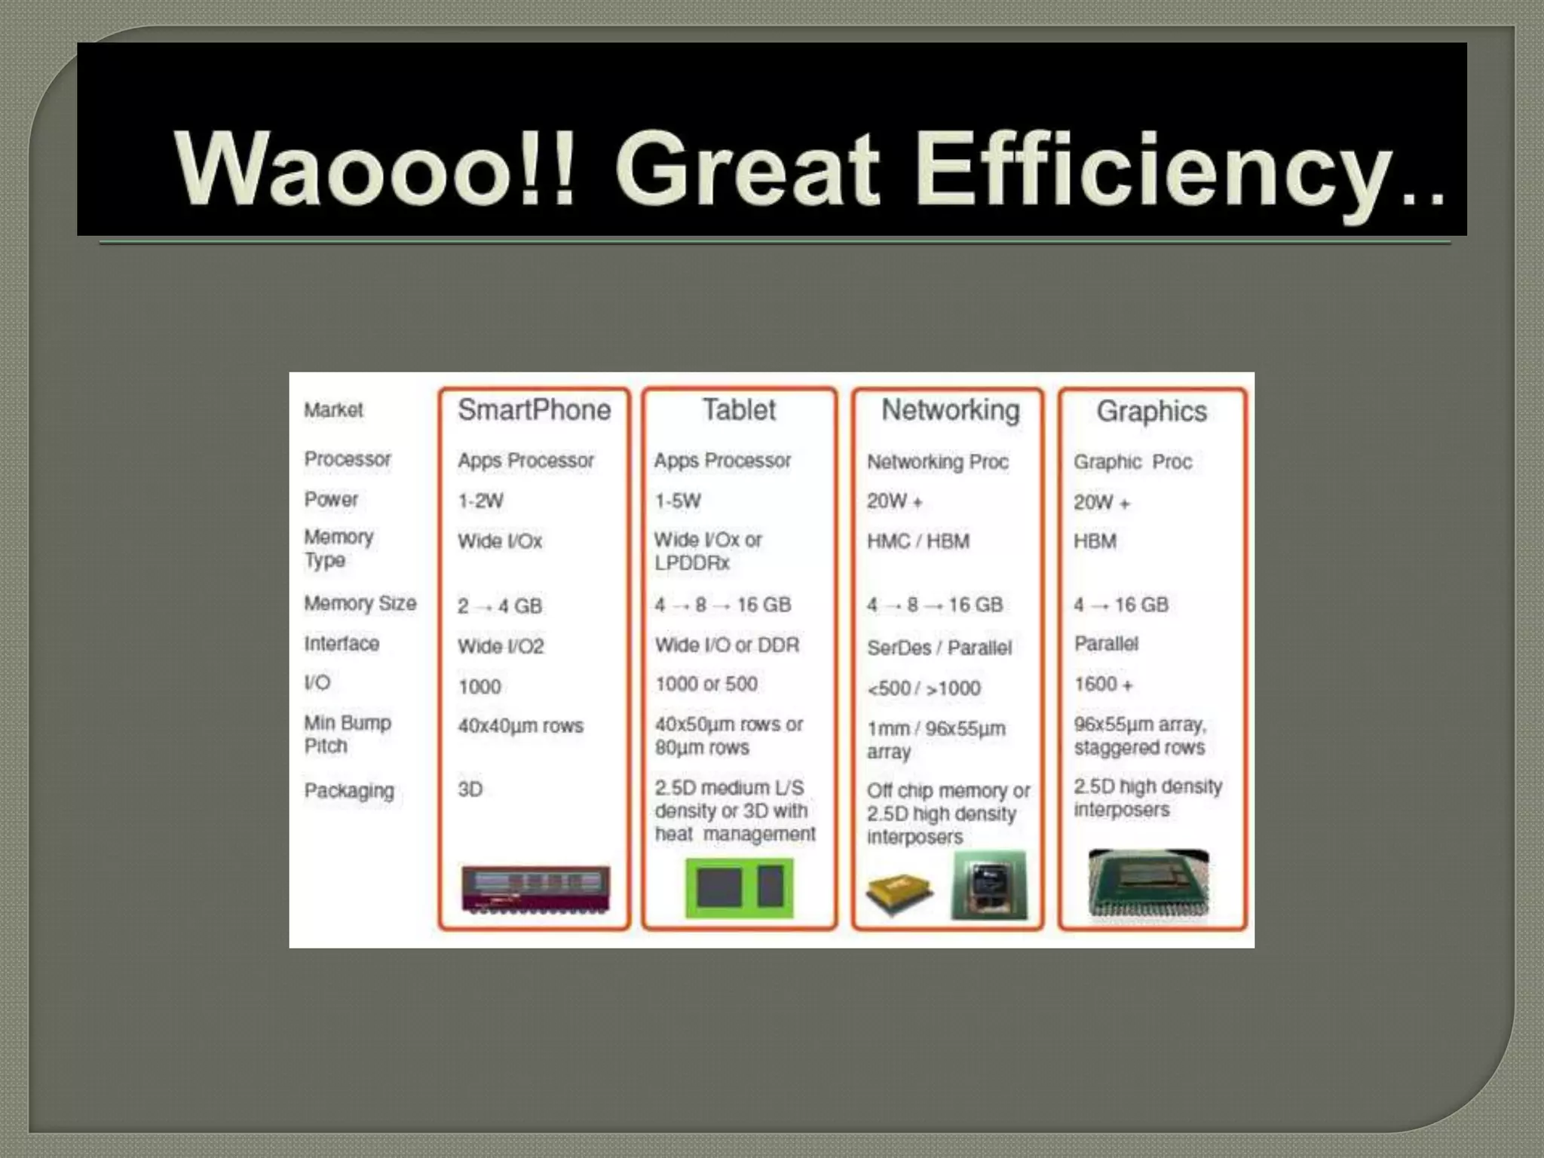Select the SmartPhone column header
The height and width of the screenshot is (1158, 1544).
(x=534, y=410)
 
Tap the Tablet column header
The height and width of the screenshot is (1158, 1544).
(x=739, y=410)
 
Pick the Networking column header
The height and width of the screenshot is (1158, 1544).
(x=950, y=410)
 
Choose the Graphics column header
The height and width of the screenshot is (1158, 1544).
(x=1151, y=412)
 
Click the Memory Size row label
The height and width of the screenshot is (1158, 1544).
(x=360, y=603)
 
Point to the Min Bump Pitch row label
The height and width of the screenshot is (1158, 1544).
(x=347, y=734)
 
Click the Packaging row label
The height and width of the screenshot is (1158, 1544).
(x=349, y=790)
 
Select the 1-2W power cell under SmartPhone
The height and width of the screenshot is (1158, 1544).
(x=480, y=501)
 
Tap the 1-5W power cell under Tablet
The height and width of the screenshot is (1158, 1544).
(x=677, y=501)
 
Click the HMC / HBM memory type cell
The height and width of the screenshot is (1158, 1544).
(x=918, y=541)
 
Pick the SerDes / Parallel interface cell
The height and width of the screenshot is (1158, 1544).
(x=939, y=648)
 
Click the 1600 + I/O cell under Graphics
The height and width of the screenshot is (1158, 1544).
(x=1103, y=684)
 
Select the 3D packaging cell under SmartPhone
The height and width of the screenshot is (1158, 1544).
(x=470, y=789)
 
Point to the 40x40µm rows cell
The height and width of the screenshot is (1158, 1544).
(x=520, y=725)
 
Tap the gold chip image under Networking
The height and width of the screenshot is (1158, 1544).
(x=899, y=893)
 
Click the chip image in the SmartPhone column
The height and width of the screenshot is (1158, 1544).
(x=535, y=889)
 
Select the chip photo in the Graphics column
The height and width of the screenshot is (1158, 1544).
(x=1148, y=883)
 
